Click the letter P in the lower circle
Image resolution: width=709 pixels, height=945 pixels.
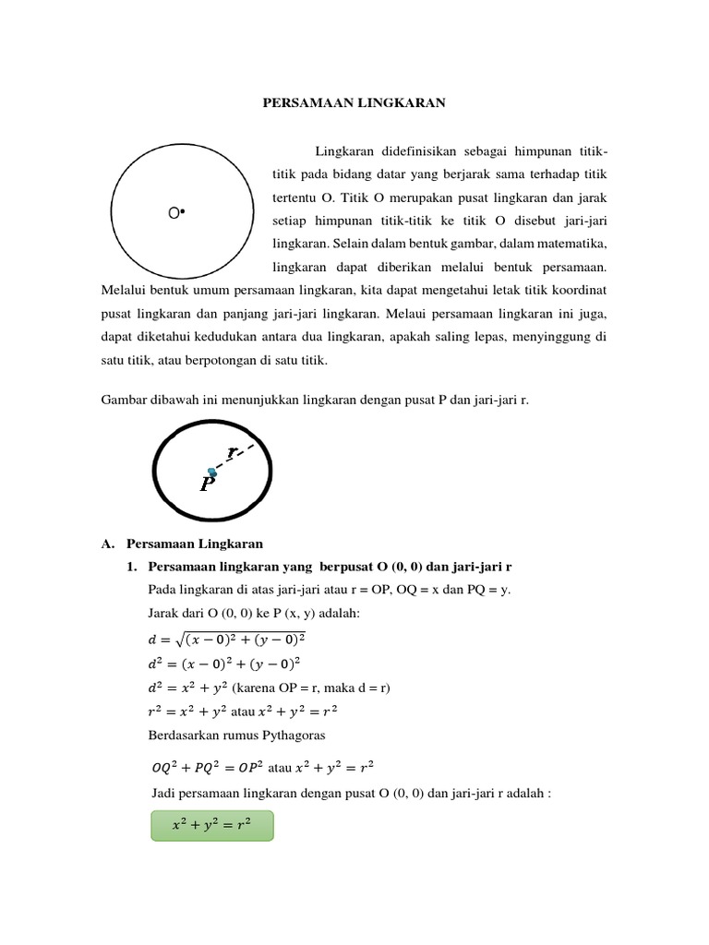click(x=210, y=484)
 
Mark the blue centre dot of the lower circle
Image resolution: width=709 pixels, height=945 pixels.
click(x=212, y=472)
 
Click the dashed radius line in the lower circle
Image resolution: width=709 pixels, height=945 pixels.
click(x=242, y=456)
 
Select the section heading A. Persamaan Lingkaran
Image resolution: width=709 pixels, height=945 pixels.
click(x=182, y=544)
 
